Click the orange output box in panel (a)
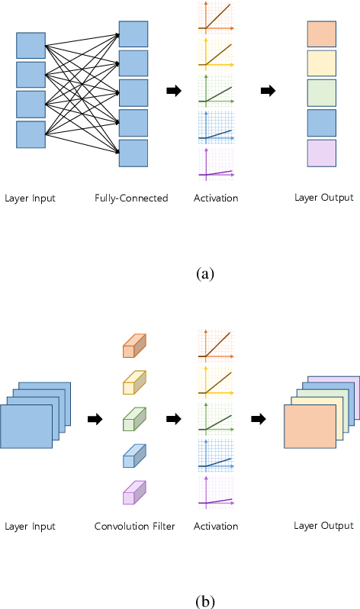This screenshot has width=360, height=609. point(322,34)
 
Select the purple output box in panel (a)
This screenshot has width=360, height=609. point(322,153)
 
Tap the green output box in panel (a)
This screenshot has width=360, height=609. point(322,93)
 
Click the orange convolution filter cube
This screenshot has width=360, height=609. point(133,346)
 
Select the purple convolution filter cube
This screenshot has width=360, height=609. point(133,493)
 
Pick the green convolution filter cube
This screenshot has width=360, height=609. point(133,420)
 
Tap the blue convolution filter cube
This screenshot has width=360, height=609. point(133,456)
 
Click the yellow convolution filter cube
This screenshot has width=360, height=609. point(133,383)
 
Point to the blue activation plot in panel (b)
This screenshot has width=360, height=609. point(216,456)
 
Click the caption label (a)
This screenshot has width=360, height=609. point(205,272)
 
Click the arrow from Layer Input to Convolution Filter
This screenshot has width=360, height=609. point(95,418)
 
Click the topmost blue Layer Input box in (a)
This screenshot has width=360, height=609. point(31,45)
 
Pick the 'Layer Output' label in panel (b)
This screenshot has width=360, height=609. point(323,526)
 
